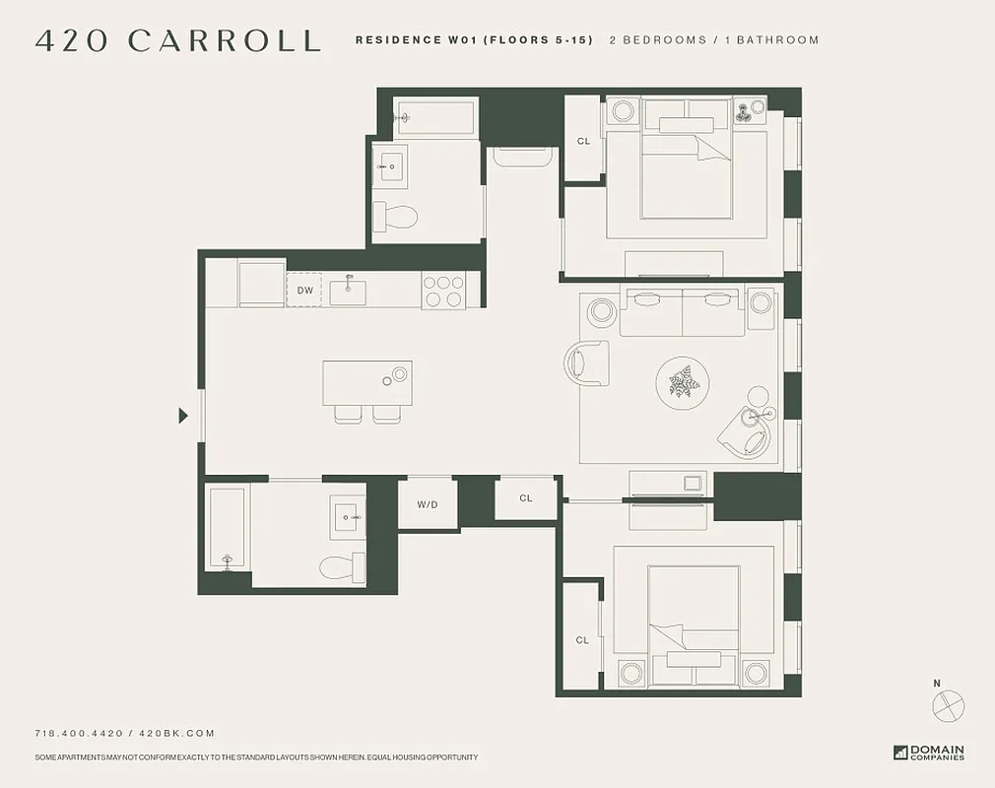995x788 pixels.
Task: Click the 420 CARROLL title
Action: click(177, 40)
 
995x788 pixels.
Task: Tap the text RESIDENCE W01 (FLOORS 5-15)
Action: click(474, 40)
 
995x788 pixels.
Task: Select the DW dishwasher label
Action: click(305, 290)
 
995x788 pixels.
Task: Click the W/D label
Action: click(427, 503)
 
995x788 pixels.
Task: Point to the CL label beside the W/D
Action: click(525, 498)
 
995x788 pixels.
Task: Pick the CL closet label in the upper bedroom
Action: click(583, 141)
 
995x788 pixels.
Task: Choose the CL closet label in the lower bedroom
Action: click(582, 640)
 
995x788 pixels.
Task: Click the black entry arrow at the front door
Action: click(183, 416)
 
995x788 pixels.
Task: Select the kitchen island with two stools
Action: click(366, 384)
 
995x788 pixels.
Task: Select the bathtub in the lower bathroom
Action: click(226, 530)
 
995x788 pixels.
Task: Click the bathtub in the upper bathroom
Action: click(434, 117)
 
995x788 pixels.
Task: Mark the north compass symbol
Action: click(947, 704)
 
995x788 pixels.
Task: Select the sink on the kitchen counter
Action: click(348, 291)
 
